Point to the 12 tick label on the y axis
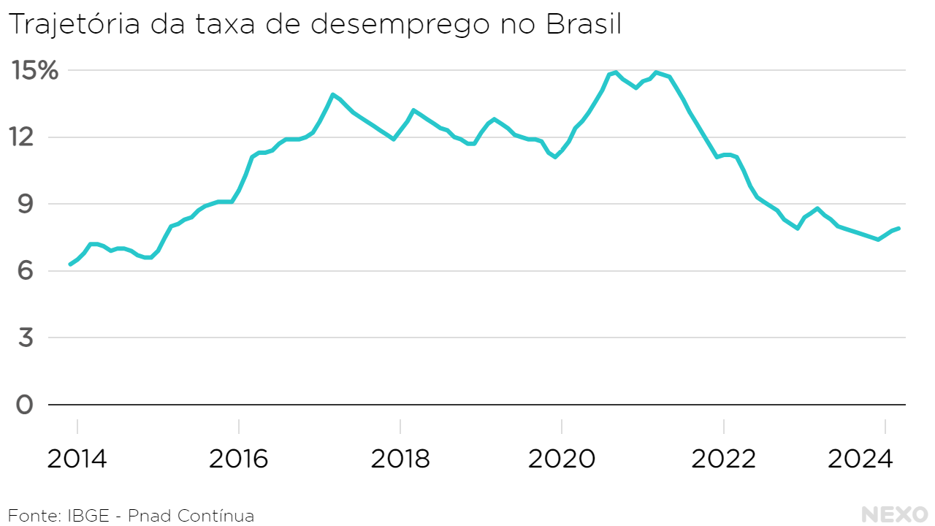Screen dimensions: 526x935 tap(25, 137)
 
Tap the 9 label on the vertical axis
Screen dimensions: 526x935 tap(25, 204)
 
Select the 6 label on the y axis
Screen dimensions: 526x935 tap(25, 271)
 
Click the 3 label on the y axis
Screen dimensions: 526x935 tap(25, 338)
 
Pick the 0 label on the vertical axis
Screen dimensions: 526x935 tap(25, 404)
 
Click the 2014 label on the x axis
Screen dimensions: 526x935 tap(77, 460)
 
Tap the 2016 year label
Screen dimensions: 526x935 tap(239, 460)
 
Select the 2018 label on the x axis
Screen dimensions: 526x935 tap(400, 460)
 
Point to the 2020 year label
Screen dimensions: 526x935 tap(562, 460)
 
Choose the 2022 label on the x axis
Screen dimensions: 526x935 tap(723, 460)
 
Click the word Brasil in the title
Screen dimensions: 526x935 tap(584, 24)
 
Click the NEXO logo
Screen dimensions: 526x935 tap(895, 514)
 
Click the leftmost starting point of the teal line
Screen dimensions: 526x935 tap(70, 264)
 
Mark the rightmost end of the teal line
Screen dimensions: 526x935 tap(898, 229)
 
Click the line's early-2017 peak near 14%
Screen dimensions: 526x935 tap(332, 95)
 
